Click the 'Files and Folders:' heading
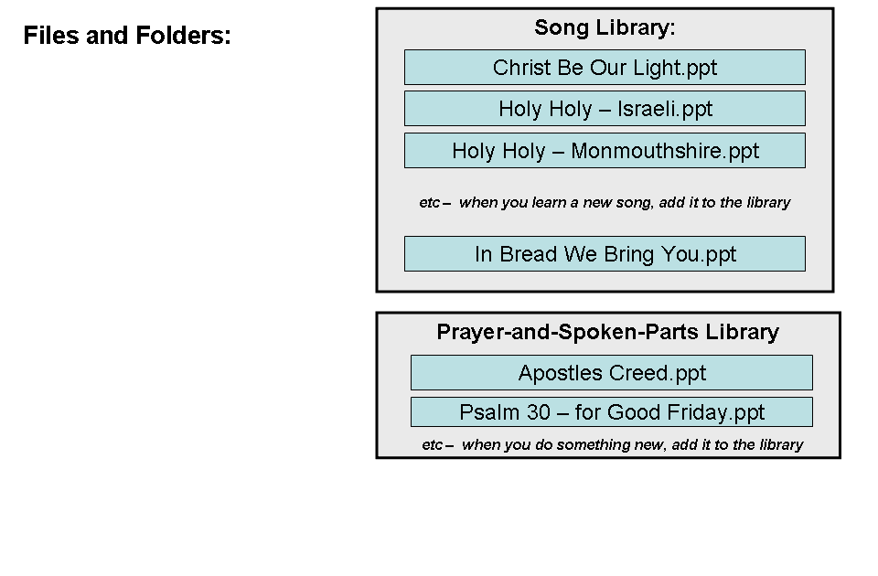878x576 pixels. tap(127, 37)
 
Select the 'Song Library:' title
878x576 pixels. tap(605, 28)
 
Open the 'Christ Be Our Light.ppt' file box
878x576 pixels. tap(605, 68)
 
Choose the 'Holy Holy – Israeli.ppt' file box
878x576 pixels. tap(605, 109)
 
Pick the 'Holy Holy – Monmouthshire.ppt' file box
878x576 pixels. tap(605, 151)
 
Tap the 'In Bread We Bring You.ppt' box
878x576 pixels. tap(605, 254)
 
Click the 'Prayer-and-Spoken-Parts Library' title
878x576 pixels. tap(607, 332)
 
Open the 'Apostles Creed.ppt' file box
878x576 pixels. tap(611, 373)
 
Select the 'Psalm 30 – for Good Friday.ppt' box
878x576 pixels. tap(611, 412)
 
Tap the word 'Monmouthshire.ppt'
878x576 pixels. tap(665, 151)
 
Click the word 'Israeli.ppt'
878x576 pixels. tap(665, 109)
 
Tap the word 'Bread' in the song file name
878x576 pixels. tap(529, 254)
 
